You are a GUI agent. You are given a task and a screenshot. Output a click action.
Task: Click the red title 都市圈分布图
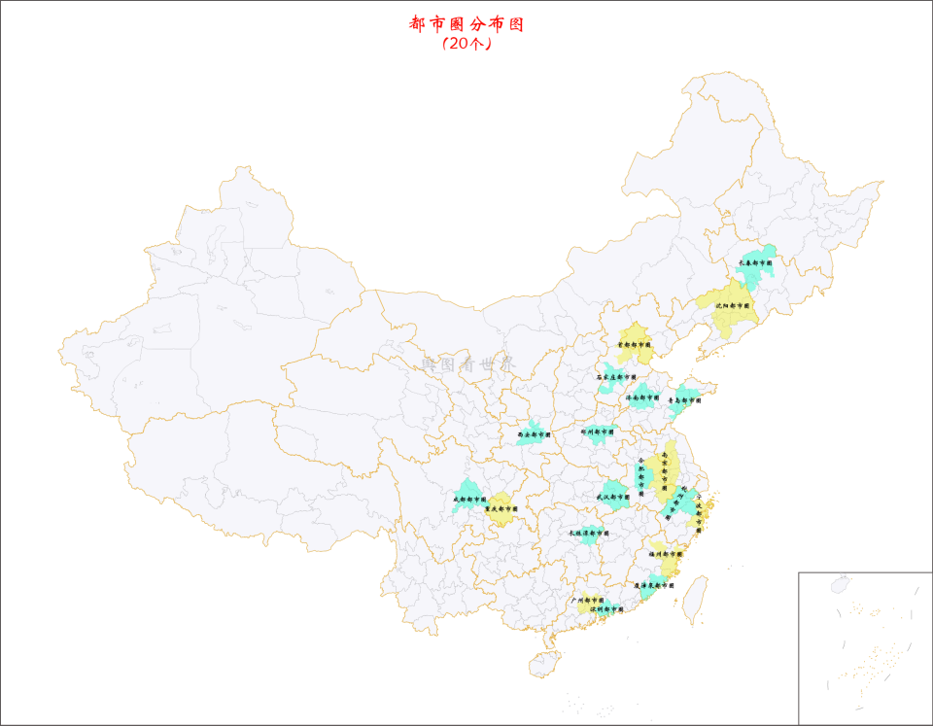coord(466,24)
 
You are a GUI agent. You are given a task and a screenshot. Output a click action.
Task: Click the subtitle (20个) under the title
coord(466,44)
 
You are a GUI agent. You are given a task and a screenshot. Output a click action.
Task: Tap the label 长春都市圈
coord(755,262)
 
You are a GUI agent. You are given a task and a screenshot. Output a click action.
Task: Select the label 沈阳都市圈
coord(733,305)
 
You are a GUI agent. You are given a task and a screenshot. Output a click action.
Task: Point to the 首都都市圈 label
coord(636,344)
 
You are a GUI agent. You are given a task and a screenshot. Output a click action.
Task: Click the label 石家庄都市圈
coord(616,377)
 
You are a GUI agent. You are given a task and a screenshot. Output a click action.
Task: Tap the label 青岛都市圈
coord(684,399)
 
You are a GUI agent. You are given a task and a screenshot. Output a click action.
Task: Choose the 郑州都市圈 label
coord(598,431)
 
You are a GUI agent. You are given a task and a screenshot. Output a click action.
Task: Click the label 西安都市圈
coord(534,434)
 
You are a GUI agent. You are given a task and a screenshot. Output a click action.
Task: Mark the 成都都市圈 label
coord(468,500)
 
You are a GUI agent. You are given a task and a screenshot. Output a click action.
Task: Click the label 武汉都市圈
coord(613,497)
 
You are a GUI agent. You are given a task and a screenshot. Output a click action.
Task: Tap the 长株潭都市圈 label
coord(587,533)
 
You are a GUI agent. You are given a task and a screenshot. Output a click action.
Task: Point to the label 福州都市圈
coord(667,553)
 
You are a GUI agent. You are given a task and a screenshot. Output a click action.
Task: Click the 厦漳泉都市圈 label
coord(653,586)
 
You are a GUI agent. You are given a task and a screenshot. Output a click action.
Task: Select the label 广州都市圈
coord(587,601)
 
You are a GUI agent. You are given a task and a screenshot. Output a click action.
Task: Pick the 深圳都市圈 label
coord(606,609)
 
